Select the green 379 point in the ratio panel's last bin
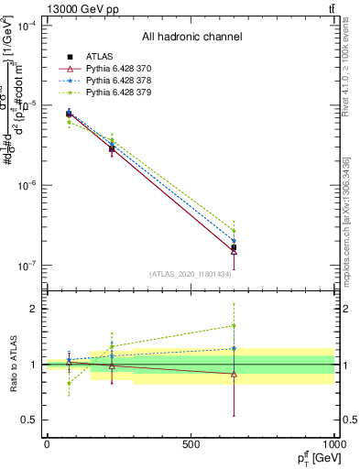pos(235,325)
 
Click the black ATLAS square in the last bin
pos(235,247)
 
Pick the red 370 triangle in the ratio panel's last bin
pos(235,374)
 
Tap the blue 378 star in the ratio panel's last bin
pos(235,348)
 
